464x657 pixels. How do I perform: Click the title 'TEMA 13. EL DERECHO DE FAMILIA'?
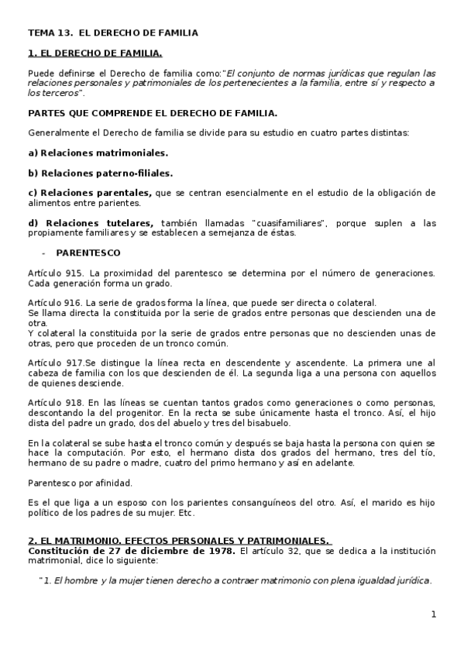click(113, 33)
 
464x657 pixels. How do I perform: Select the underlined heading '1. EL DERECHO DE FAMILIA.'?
click(95, 53)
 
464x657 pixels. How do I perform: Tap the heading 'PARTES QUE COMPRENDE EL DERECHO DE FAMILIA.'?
click(152, 112)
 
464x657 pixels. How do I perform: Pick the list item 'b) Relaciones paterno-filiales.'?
click(100, 173)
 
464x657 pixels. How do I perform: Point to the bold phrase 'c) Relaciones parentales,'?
click(90, 193)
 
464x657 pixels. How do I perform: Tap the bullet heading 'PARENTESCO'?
click(88, 253)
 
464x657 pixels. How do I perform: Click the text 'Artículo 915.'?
click(57, 273)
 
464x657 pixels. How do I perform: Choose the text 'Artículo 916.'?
click(57, 302)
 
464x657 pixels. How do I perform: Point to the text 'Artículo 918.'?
click(57, 402)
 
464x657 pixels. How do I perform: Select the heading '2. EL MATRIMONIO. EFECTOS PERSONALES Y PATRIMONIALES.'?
click(179, 541)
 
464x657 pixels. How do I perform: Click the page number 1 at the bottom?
click(434, 614)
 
